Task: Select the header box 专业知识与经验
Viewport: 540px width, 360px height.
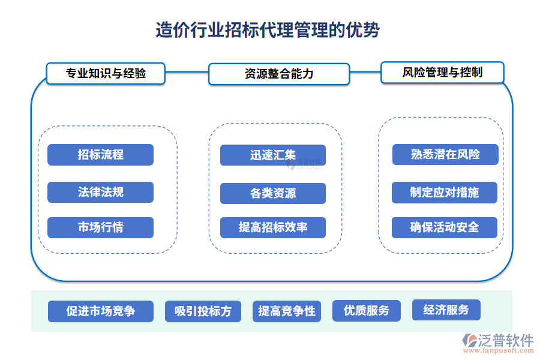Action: click(106, 74)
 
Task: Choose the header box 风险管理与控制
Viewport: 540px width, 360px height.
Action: click(442, 73)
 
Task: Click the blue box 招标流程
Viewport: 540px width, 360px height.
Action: click(100, 155)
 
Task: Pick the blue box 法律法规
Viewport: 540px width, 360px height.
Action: click(100, 192)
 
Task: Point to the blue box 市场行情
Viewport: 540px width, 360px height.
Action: click(100, 227)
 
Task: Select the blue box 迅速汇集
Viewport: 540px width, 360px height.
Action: click(272, 155)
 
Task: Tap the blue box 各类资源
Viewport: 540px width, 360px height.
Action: click(272, 193)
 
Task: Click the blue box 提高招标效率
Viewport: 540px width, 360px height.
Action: click(272, 227)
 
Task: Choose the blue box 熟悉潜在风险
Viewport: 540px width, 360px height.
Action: click(445, 154)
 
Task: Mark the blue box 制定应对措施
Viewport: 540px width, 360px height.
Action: click(445, 193)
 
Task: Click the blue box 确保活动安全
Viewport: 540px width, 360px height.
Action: click(445, 227)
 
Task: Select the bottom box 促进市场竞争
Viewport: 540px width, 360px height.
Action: click(100, 311)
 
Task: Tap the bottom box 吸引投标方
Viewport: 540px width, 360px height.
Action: click(202, 311)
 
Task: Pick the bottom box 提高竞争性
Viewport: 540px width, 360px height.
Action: click(286, 311)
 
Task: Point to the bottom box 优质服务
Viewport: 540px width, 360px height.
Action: click(366, 310)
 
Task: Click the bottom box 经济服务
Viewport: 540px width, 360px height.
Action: click(446, 310)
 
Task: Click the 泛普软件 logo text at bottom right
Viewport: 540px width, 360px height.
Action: click(505, 340)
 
